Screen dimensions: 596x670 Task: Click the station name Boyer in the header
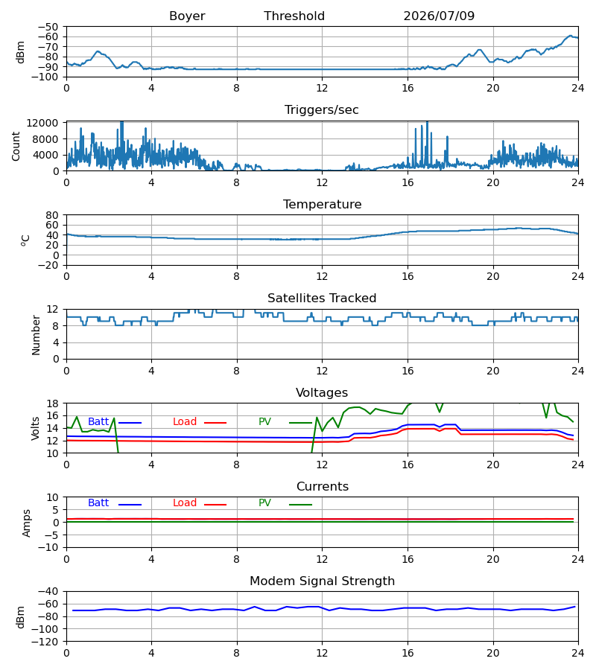click(x=187, y=16)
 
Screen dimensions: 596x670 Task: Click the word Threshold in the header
click(x=294, y=16)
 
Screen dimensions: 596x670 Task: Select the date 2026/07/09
click(x=439, y=16)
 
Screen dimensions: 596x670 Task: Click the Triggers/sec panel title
click(x=322, y=110)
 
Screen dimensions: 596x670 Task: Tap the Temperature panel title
click(x=322, y=204)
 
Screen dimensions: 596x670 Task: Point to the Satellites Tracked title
click(x=322, y=299)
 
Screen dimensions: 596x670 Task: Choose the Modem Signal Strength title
click(x=322, y=581)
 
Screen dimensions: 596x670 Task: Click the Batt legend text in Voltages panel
click(x=98, y=422)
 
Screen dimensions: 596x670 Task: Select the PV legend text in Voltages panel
click(x=264, y=422)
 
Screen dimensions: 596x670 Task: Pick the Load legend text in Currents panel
click(x=185, y=503)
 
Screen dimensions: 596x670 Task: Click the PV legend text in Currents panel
click(x=264, y=503)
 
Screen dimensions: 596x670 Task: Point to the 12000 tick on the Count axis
click(x=42, y=123)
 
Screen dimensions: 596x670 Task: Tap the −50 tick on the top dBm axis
click(x=48, y=27)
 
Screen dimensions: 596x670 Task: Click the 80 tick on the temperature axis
click(x=52, y=215)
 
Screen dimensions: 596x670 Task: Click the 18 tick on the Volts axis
click(x=52, y=403)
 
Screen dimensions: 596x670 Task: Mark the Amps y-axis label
click(x=27, y=523)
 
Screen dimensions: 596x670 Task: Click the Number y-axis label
click(x=36, y=335)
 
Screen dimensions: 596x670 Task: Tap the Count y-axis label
click(x=16, y=146)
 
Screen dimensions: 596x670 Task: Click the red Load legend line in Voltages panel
click(x=215, y=423)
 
